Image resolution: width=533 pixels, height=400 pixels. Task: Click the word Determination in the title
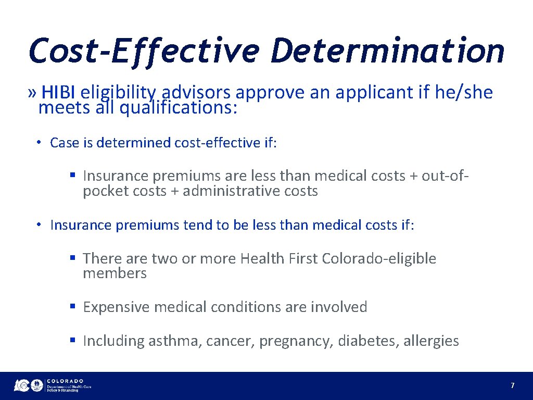click(x=388, y=51)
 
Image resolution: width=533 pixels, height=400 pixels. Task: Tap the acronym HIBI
click(x=59, y=93)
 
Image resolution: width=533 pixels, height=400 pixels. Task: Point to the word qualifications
click(x=178, y=108)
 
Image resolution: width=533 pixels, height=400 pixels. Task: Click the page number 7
click(x=512, y=386)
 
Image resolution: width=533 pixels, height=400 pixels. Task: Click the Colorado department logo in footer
click(x=53, y=385)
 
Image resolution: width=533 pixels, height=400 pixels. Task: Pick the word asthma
click(x=175, y=341)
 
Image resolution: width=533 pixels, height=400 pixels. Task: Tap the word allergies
click(x=431, y=341)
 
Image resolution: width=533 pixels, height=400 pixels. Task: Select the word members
click(x=115, y=273)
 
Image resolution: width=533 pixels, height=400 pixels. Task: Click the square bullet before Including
click(x=73, y=341)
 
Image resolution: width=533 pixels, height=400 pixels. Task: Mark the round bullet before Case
click(x=39, y=143)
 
